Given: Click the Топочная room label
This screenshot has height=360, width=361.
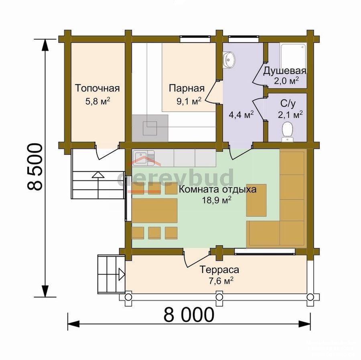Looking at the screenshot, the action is point(97,88).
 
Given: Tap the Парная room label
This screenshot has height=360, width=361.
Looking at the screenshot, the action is point(187,88).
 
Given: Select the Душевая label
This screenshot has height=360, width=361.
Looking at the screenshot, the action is point(285,71).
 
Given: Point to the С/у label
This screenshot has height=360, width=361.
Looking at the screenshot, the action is point(288,104).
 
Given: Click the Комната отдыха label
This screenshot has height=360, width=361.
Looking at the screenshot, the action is point(217,189).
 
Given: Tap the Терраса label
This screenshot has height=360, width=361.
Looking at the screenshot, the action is point(219,269).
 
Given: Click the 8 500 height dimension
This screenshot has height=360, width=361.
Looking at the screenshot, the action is point(35,167).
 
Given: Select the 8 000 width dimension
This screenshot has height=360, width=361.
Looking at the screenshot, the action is point(189,315).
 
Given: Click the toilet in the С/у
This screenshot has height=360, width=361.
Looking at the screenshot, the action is point(288,132).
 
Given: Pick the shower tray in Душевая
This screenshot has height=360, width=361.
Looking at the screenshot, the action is point(293,55).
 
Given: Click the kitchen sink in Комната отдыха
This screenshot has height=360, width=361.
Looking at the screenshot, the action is point(143,158).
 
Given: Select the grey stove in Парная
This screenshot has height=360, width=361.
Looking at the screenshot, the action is point(150,128).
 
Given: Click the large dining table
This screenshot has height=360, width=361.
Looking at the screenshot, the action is point(154,211).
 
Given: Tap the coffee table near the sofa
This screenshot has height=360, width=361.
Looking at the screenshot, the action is point(256,200).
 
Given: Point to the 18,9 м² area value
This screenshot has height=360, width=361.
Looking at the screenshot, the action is point(217,200).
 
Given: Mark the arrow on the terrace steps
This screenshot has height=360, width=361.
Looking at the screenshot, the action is point(122,275).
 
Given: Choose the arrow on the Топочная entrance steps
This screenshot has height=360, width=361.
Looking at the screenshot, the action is point(98,175).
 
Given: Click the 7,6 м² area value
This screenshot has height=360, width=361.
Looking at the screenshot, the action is point(221,281).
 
